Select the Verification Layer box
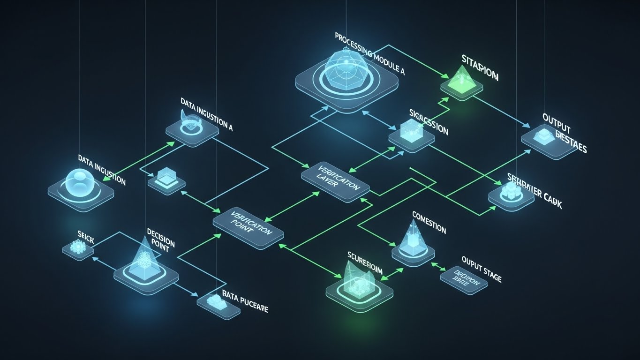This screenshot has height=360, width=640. [x=335, y=180]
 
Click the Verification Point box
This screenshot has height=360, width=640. [x=248, y=223]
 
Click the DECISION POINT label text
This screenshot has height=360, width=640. [x=161, y=240]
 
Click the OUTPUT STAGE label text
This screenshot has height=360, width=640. [x=482, y=270]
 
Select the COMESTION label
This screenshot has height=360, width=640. [x=429, y=223]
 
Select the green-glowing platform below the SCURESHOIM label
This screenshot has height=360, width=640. [x=359, y=290]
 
